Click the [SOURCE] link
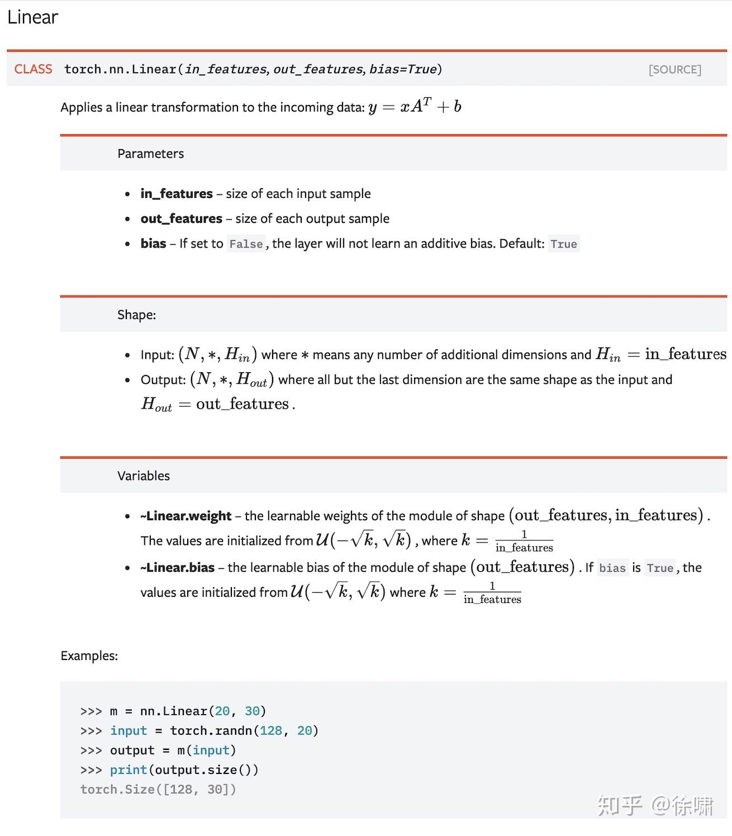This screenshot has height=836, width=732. point(674,69)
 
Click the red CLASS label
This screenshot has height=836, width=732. point(33,69)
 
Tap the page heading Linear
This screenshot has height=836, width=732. point(32,17)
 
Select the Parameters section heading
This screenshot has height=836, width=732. point(150,154)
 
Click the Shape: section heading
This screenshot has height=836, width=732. point(136,315)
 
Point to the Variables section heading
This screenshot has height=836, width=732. point(143,476)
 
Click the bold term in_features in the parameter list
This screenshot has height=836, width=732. point(177,193)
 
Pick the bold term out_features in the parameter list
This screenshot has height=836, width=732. point(181,218)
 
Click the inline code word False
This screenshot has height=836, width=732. point(246,244)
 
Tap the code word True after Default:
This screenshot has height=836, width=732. point(563,244)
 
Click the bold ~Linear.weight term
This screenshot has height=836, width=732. point(186,516)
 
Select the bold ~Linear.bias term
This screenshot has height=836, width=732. point(177,568)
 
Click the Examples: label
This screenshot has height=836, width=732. point(89,655)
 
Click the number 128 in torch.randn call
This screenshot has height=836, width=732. point(271,730)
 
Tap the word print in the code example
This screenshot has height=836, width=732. point(129,769)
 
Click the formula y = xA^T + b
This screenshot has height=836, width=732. point(414,106)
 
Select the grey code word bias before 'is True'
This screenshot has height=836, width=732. point(612,568)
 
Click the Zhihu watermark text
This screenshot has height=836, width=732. point(655,805)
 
